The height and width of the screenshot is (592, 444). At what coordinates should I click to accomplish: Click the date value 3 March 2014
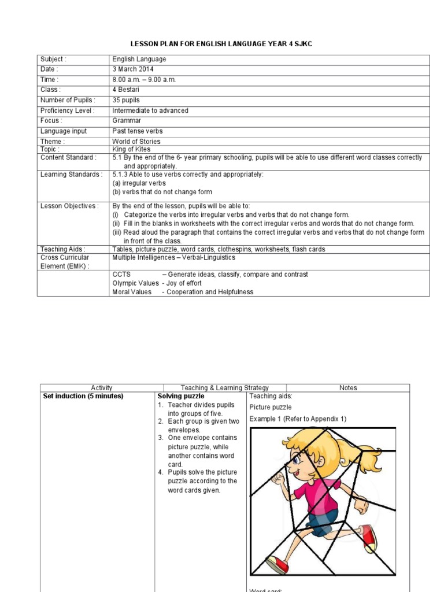pyautogui.click(x=133, y=69)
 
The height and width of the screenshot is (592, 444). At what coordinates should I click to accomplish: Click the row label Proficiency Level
pyautogui.click(x=67, y=110)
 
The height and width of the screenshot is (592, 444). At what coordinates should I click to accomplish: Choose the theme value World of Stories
pyautogui.click(x=136, y=142)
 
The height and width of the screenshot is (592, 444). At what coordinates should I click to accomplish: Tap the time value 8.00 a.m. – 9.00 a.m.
pyautogui.click(x=143, y=80)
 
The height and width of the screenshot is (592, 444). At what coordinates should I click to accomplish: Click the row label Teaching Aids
pyautogui.click(x=63, y=249)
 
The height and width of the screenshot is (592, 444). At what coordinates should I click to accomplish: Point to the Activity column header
pyautogui.click(x=102, y=388)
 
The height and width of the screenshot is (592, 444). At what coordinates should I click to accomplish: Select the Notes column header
pyautogui.click(x=348, y=388)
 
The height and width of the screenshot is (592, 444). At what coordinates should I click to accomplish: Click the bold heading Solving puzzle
pyautogui.click(x=181, y=396)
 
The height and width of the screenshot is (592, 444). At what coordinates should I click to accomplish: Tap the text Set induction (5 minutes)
pyautogui.click(x=83, y=396)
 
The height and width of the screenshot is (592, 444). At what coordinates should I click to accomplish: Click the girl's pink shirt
pyautogui.click(x=324, y=491)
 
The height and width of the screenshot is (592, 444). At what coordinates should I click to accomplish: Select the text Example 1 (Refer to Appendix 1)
pyautogui.click(x=298, y=419)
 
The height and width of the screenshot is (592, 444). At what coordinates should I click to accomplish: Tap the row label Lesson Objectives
pyautogui.click(x=69, y=206)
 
